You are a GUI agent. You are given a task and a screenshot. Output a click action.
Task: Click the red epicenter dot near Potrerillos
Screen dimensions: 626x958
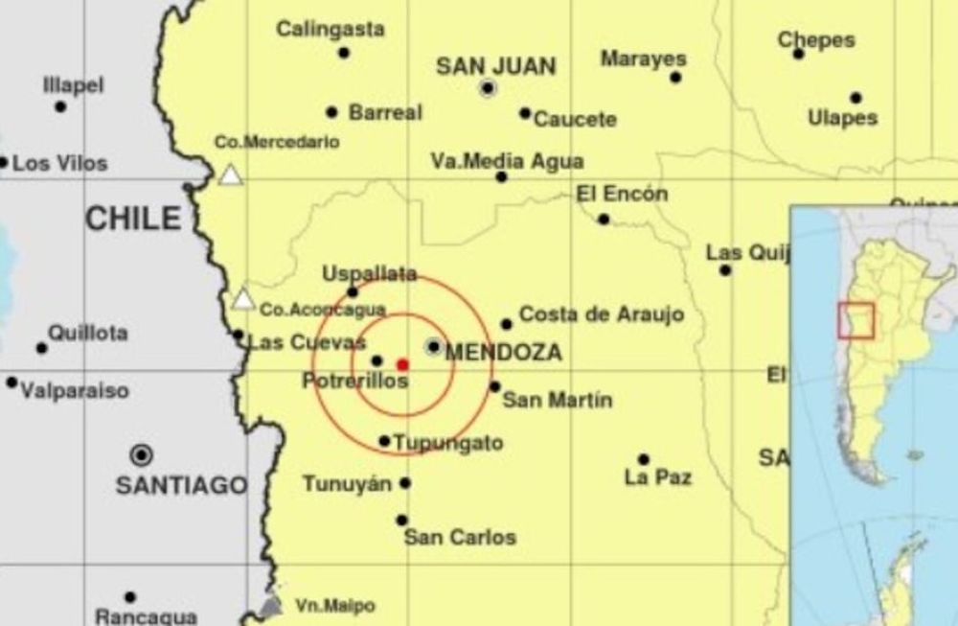click(402, 364)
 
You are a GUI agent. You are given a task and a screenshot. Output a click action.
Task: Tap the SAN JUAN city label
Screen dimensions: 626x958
click(495, 66)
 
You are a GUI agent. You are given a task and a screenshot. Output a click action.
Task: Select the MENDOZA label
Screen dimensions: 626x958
click(503, 353)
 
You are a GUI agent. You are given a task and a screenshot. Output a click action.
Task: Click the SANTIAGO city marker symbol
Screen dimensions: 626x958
click(142, 454)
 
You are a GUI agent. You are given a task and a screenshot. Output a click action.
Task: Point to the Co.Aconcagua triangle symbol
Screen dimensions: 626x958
click(244, 299)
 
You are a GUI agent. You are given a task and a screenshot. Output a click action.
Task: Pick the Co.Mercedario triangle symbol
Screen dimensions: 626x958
click(230, 174)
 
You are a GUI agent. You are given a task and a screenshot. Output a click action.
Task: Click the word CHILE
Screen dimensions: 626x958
click(133, 219)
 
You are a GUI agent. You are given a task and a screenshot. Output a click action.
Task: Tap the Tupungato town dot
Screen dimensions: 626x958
click(384, 441)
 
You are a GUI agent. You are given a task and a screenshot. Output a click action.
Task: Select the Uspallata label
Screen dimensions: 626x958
click(369, 274)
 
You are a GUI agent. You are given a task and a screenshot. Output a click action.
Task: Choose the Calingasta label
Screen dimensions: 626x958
click(331, 30)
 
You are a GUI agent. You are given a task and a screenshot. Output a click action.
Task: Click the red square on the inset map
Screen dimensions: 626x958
click(855, 320)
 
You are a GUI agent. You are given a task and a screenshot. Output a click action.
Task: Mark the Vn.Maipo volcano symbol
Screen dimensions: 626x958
click(272, 606)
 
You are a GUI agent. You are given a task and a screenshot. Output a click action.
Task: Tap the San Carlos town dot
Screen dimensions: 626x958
click(401, 520)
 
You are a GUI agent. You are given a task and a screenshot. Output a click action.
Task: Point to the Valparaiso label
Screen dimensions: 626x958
click(75, 391)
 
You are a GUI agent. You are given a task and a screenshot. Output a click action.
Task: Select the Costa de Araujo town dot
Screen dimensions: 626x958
click(506, 324)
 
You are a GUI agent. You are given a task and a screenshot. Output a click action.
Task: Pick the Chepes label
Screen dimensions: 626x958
click(815, 40)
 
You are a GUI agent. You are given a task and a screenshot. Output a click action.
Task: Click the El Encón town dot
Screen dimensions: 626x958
click(604, 219)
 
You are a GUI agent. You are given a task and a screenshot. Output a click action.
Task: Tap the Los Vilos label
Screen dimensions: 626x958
click(59, 164)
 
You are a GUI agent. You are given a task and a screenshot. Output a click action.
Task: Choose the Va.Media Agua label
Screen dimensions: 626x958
click(507, 162)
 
